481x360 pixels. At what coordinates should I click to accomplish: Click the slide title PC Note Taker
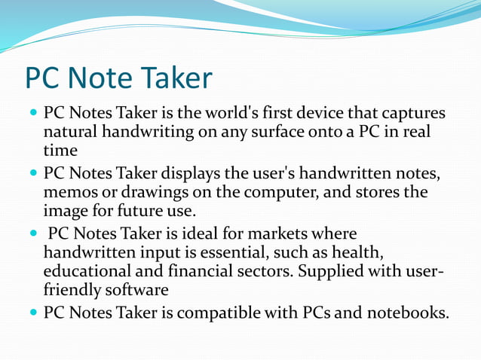click(x=118, y=78)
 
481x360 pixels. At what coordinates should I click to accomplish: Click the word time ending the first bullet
click(x=60, y=151)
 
